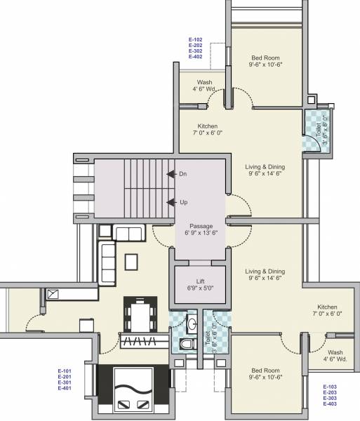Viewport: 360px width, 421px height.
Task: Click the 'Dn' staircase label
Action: click(182, 173)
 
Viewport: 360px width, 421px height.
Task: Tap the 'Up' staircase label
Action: click(182, 202)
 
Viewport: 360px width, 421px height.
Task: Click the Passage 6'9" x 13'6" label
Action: click(201, 229)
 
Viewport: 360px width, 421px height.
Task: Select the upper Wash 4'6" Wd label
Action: click(204, 86)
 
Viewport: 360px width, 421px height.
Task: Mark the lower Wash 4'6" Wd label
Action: click(335, 356)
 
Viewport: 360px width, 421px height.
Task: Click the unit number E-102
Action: click(195, 40)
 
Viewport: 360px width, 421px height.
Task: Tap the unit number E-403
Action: click(331, 404)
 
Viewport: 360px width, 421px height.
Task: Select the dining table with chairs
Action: click(140, 314)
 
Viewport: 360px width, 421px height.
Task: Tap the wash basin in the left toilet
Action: click(191, 325)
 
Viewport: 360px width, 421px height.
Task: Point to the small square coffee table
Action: click(131, 261)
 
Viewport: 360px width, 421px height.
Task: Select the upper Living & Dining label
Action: click(264, 171)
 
